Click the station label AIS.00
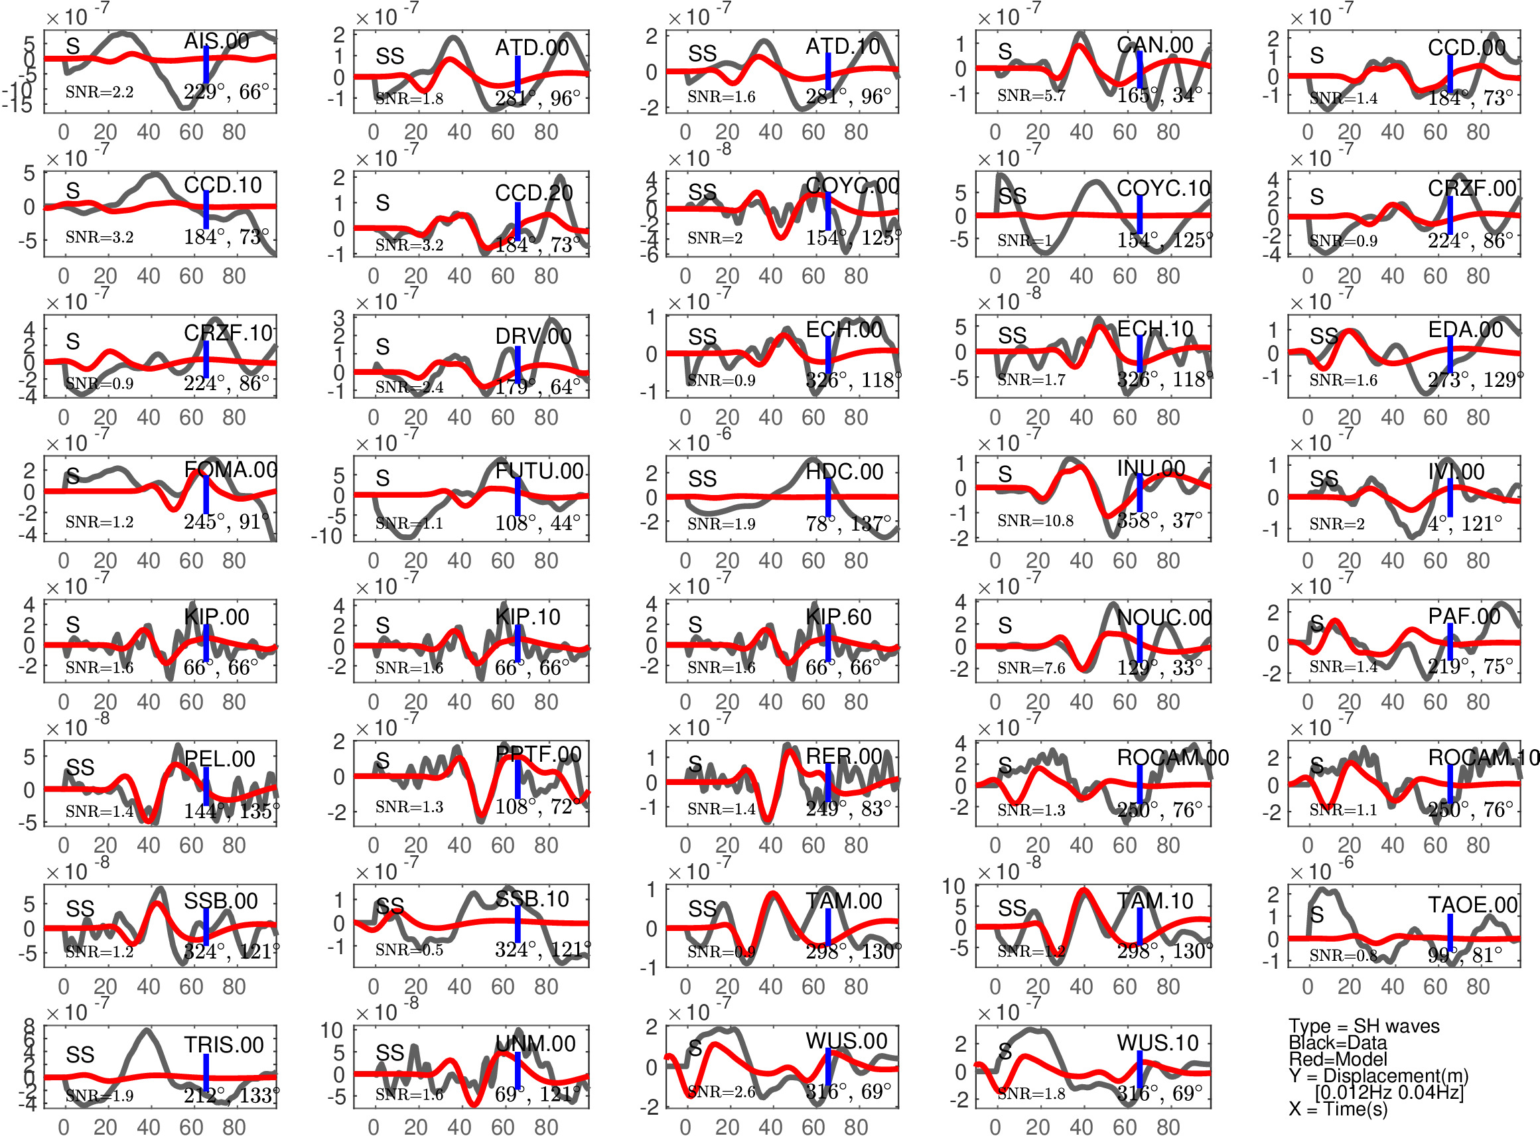click(216, 41)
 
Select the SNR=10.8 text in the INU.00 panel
click(1034, 520)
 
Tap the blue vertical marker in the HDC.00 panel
click(828, 497)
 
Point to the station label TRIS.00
click(224, 1044)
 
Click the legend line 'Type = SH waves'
click(1364, 1026)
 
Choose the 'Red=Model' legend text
click(1338, 1059)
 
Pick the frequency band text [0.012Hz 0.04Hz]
click(1389, 1092)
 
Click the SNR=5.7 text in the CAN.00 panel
click(1031, 96)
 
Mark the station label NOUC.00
click(1164, 618)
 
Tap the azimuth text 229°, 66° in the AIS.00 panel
click(226, 92)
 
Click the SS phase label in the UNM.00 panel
click(390, 1053)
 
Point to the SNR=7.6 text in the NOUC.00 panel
click(1031, 667)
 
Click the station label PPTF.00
click(538, 754)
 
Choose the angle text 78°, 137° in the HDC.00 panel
click(849, 524)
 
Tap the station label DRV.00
click(533, 336)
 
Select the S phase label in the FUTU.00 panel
click(383, 478)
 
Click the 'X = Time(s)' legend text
click(1338, 1109)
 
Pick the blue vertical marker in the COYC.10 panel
click(1139, 214)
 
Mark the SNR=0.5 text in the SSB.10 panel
click(409, 950)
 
